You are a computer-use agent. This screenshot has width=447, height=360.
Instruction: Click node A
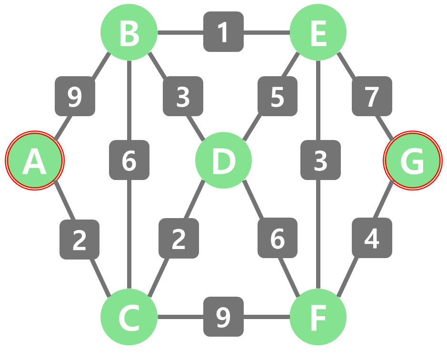point(34,160)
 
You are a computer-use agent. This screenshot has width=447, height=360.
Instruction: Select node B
point(129,32)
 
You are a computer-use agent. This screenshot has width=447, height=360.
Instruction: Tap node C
point(129,317)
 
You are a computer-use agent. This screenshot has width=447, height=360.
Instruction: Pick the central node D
point(223,160)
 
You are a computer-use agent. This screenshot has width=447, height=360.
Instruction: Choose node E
point(318,32)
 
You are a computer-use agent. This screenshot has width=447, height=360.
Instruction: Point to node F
point(318,317)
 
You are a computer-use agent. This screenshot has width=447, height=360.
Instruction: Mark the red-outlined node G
point(413,160)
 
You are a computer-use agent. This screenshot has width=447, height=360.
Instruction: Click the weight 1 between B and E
point(224,32)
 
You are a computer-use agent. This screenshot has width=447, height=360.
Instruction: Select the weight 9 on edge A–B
point(75,96)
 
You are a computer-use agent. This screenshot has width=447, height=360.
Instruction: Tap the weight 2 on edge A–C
point(79,240)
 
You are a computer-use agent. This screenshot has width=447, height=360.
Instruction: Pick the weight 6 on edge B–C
point(129,160)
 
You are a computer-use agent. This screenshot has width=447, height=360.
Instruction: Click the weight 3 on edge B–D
point(183,96)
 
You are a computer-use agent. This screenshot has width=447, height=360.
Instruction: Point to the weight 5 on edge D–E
point(278,96)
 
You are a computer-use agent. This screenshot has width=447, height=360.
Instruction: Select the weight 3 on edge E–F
point(321,160)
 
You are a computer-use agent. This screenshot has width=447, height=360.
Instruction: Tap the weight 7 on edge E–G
point(372,96)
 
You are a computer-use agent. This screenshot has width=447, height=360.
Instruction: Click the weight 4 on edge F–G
point(372,238)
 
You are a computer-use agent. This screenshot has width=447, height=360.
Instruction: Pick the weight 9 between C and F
point(224,317)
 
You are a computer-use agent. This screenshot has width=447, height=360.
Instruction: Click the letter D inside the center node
point(223,161)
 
